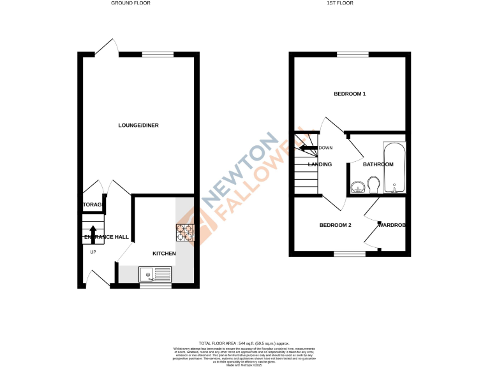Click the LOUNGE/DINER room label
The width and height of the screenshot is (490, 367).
pyautogui.click(x=138, y=125)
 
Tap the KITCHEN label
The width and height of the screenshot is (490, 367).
pyautogui.click(x=164, y=254)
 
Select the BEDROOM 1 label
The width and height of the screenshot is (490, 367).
pyautogui.click(x=350, y=94)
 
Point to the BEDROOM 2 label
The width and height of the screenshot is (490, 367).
pyautogui.click(x=336, y=225)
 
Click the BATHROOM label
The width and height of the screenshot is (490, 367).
pyautogui.click(x=378, y=164)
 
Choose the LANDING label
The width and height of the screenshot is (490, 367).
pyautogui.click(x=320, y=164)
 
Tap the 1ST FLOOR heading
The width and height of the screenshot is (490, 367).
pyautogui.click(x=340, y=3)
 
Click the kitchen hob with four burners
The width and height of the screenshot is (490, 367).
pyautogui.click(x=185, y=233)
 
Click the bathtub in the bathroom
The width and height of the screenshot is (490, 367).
pyautogui.click(x=393, y=167)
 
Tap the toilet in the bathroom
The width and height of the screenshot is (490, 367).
pyautogui.click(x=375, y=185)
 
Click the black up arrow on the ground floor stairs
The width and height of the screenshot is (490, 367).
pyautogui.click(x=93, y=233)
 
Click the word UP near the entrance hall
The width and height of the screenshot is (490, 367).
pyautogui.click(x=93, y=252)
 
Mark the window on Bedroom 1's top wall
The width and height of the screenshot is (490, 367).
pyautogui.click(x=348, y=54)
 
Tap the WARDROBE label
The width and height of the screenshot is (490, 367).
pyautogui.click(x=392, y=225)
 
